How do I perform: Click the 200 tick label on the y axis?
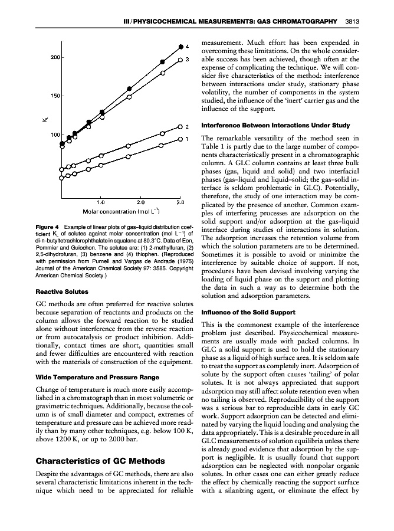click(54, 57)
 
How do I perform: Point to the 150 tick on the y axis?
click(54, 96)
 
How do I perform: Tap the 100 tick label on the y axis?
click(54, 135)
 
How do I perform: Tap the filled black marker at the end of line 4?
click(180, 46)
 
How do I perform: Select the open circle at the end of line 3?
click(180, 60)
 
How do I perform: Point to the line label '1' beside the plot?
click(187, 140)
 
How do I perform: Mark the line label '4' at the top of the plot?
click(187, 46)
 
